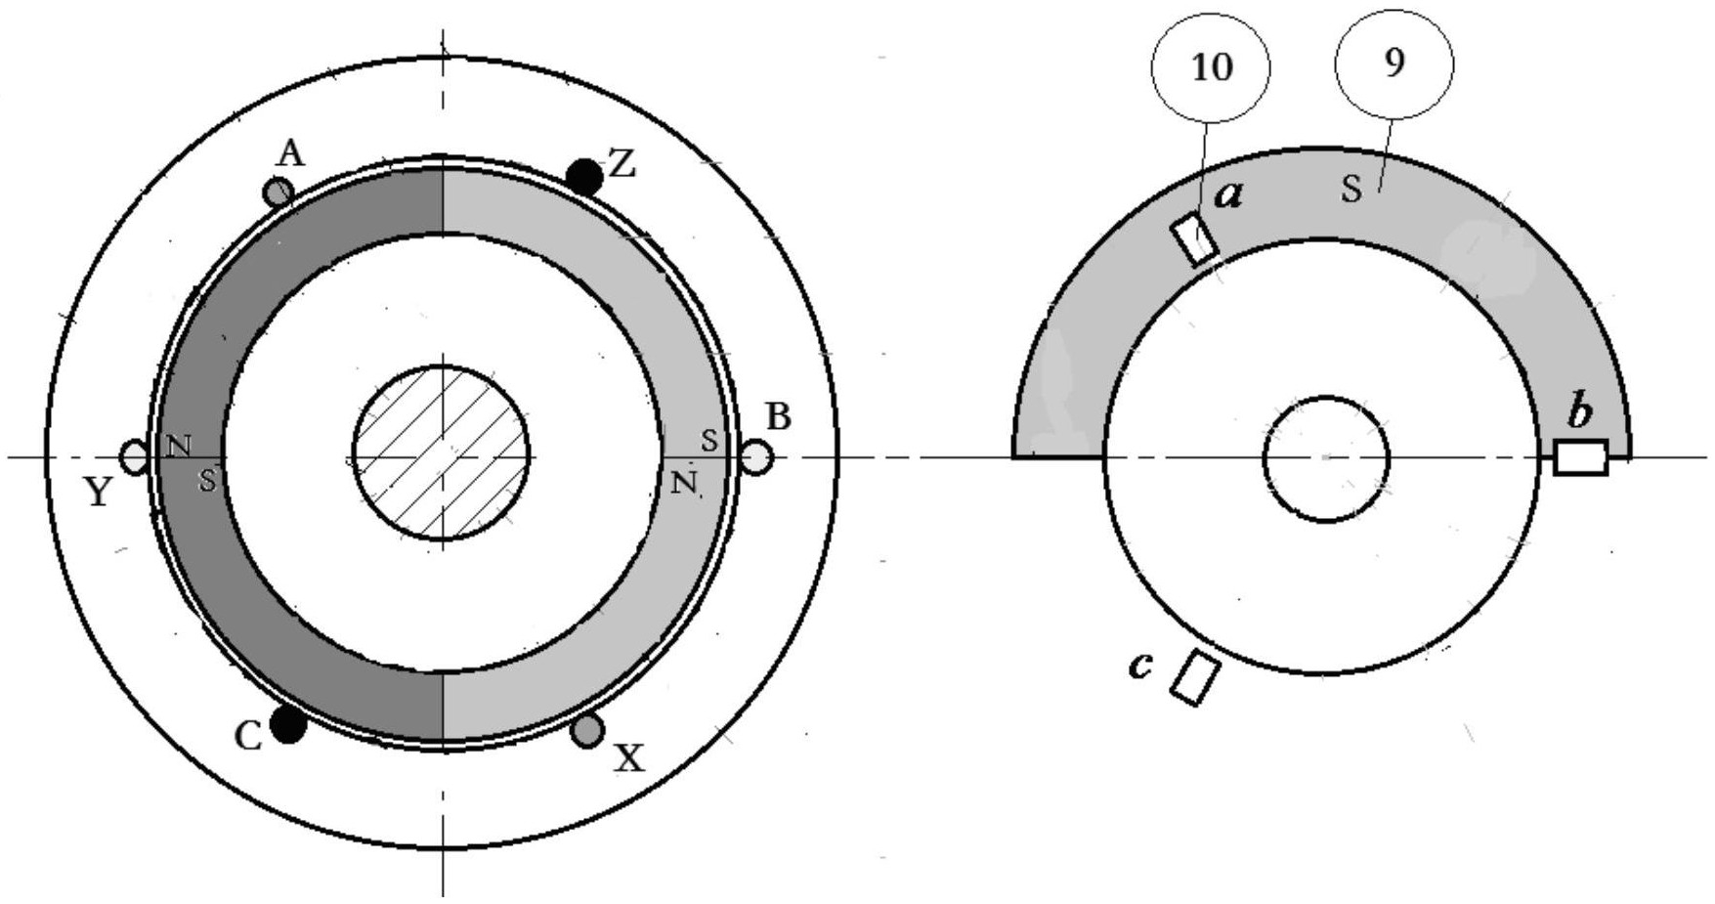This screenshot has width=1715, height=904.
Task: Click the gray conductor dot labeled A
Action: pos(279,192)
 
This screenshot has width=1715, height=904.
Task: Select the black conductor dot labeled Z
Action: pos(584,177)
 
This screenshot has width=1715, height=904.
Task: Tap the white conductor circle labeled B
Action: pos(756,457)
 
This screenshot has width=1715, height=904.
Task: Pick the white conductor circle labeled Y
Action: pos(134,455)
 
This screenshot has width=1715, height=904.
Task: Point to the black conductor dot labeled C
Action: pos(288,725)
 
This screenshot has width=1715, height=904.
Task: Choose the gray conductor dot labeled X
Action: pos(587,730)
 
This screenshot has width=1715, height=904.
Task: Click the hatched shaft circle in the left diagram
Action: pos(441,453)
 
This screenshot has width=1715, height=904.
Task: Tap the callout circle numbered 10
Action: pos(1212,68)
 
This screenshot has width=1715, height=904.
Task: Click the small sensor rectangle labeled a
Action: pos(1194,239)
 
